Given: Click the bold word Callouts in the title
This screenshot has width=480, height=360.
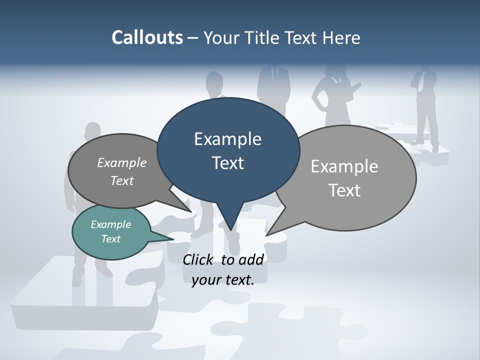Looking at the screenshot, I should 147,38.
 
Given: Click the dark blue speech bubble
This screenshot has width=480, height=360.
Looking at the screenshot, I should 228,150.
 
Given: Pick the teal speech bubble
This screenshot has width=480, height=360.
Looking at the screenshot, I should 111,232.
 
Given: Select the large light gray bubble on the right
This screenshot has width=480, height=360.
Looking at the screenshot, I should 345,178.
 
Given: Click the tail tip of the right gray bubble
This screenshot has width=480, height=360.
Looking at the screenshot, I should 268,234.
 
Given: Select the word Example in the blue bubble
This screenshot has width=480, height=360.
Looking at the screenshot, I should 227,138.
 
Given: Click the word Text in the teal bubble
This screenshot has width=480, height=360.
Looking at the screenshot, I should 111,239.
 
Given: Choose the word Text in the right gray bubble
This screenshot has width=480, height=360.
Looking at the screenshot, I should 345,190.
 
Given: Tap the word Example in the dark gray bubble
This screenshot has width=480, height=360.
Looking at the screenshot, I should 122,163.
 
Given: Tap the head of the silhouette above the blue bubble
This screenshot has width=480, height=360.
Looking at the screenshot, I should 215,81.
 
